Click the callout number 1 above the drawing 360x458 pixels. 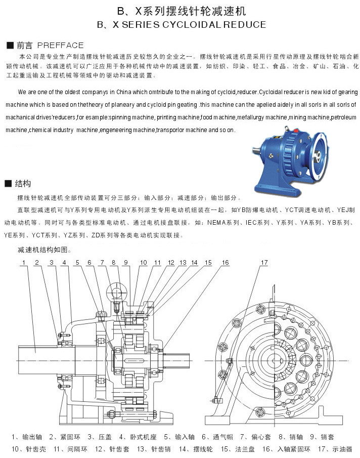(x=24, y=262)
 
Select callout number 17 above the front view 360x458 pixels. (x=264, y=262)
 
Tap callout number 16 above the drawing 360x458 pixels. (x=225, y=262)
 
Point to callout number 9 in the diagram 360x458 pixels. (x=126, y=262)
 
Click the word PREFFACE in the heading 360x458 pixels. (x=61, y=45)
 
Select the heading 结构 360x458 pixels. (x=24, y=183)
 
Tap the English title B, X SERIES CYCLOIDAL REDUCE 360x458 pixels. (x=181, y=24)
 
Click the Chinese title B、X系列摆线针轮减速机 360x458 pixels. (x=181, y=11)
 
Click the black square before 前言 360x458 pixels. (x=9, y=45)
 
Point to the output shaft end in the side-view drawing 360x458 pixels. (x=30, y=358)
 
